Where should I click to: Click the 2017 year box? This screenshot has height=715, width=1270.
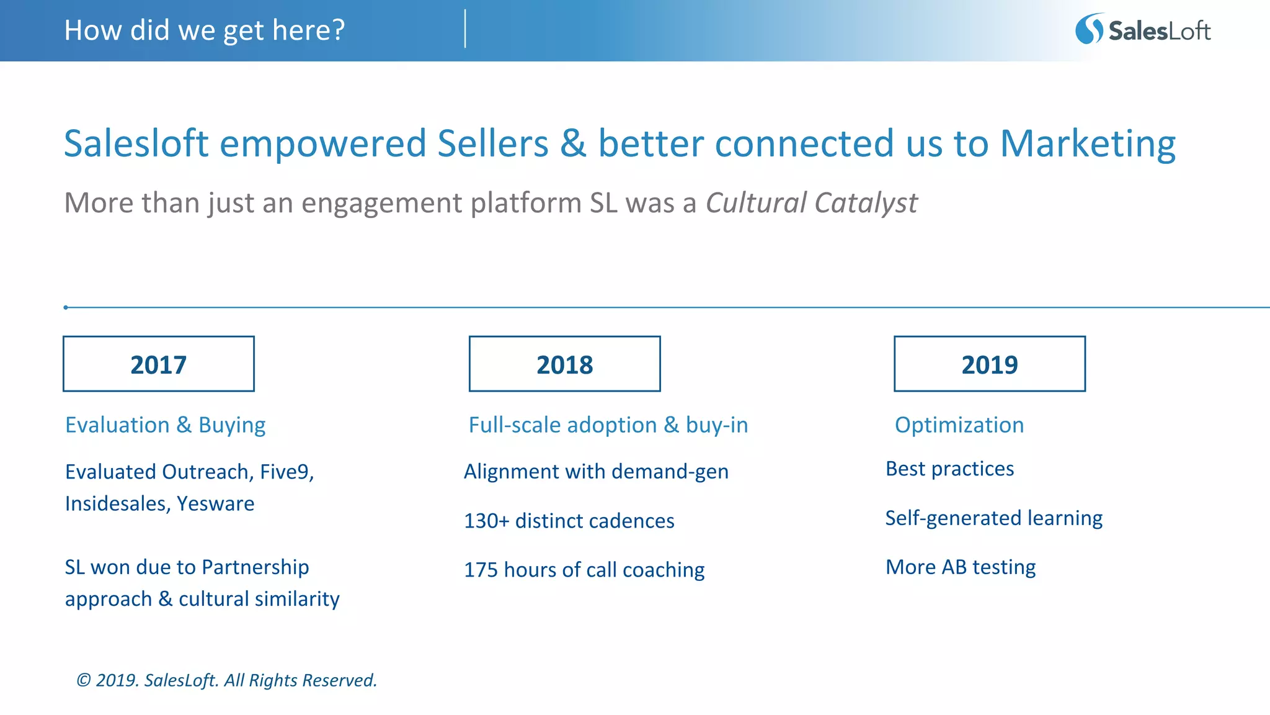[x=158, y=364]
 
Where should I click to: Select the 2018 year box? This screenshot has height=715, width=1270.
[x=564, y=364]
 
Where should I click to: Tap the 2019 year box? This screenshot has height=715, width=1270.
[x=989, y=364]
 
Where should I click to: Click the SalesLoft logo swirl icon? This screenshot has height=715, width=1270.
[x=1089, y=29]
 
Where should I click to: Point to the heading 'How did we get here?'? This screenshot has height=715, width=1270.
[x=204, y=30]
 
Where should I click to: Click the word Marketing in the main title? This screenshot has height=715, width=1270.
[x=1088, y=143]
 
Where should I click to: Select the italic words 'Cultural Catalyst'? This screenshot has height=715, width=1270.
[x=811, y=203]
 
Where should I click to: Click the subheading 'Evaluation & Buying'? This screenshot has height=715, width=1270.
[x=165, y=425]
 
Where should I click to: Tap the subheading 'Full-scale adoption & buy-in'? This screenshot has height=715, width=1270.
[x=608, y=425]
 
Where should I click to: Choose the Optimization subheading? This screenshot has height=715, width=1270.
[x=959, y=425]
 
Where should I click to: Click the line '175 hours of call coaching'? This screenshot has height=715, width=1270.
[x=584, y=570]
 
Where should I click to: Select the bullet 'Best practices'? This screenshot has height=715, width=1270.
[x=949, y=469]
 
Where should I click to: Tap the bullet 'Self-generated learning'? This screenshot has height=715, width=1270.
[x=993, y=518]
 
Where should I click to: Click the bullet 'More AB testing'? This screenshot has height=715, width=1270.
[x=960, y=567]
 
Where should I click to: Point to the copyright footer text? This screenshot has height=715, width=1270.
[x=226, y=680]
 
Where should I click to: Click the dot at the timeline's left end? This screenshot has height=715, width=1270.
[x=66, y=307]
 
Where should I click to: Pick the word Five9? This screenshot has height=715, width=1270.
[x=286, y=472]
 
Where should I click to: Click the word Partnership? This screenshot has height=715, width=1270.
[x=255, y=567]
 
